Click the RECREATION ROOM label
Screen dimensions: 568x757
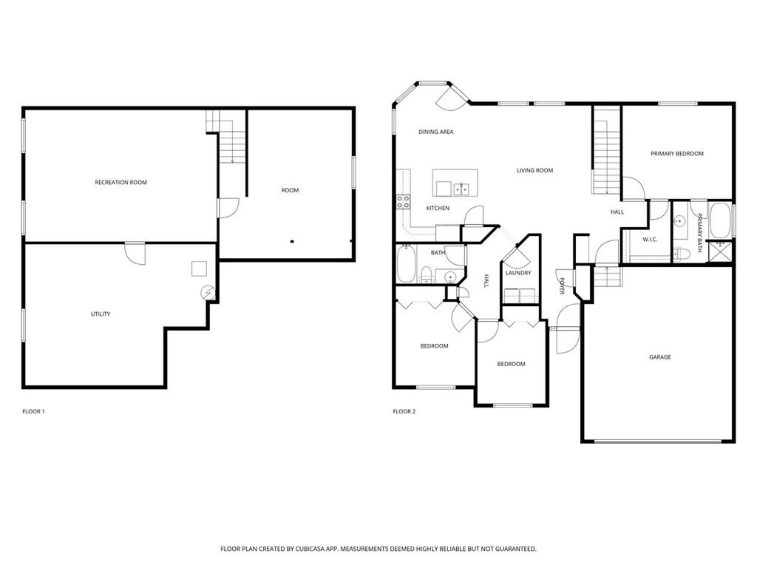point(120,182)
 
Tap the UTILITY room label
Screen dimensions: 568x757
point(101,314)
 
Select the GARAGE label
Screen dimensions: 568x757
point(659,357)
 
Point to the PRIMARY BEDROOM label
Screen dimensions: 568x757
point(676,154)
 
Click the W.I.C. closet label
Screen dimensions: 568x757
point(650,240)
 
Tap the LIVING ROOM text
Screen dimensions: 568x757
point(534,171)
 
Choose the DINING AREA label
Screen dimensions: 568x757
point(435,132)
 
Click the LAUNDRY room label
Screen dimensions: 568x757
point(518,273)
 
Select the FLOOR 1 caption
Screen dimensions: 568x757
point(33,411)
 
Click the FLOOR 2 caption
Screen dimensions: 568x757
point(404,411)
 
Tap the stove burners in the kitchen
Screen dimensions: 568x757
point(404,203)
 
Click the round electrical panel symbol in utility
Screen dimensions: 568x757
point(208,293)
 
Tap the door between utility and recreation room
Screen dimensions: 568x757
point(135,252)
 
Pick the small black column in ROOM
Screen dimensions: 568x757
point(292,241)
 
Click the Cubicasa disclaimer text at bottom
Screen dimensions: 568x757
point(378,549)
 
